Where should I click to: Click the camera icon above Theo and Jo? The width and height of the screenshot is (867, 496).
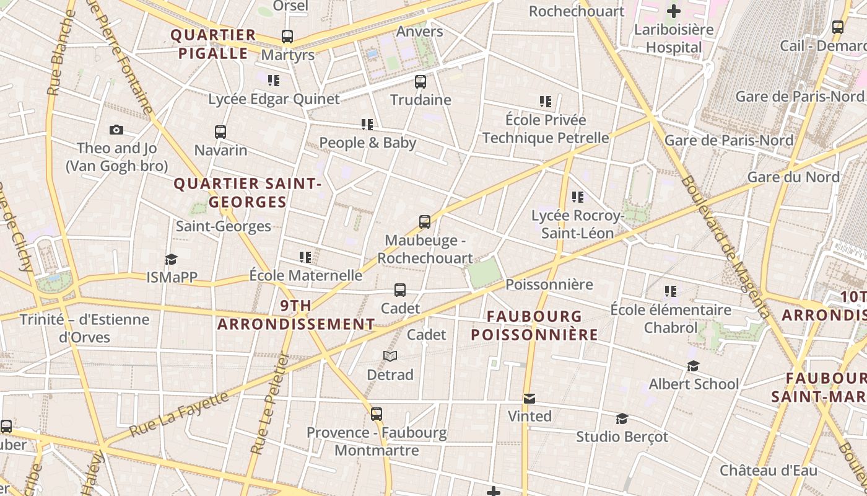(x=116, y=130)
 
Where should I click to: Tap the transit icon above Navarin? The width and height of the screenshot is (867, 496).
(x=220, y=131)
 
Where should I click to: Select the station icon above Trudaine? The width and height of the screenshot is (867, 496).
(x=420, y=81)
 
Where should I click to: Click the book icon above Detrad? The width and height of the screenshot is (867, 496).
(x=390, y=356)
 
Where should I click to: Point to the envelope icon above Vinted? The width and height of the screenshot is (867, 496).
(x=529, y=398)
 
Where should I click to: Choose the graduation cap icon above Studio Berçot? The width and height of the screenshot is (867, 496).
(x=622, y=418)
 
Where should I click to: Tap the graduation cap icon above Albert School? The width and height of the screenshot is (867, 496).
(x=693, y=366)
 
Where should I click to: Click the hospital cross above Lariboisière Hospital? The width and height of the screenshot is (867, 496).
(x=674, y=11)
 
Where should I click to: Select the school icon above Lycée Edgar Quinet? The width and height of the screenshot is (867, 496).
(x=274, y=81)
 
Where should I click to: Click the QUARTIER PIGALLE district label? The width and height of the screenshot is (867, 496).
(x=213, y=44)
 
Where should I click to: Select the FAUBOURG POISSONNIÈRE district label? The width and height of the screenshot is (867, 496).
(x=534, y=325)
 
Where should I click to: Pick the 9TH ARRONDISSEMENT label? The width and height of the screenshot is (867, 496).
(x=296, y=315)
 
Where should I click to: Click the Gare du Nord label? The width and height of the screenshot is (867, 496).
(x=793, y=177)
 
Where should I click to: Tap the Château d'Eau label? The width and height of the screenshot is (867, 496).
(x=768, y=471)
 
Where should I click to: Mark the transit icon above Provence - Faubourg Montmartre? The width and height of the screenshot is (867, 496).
(x=377, y=414)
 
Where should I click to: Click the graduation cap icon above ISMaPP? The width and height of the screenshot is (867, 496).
(x=171, y=259)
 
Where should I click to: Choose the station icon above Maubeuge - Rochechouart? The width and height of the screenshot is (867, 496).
(x=425, y=222)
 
